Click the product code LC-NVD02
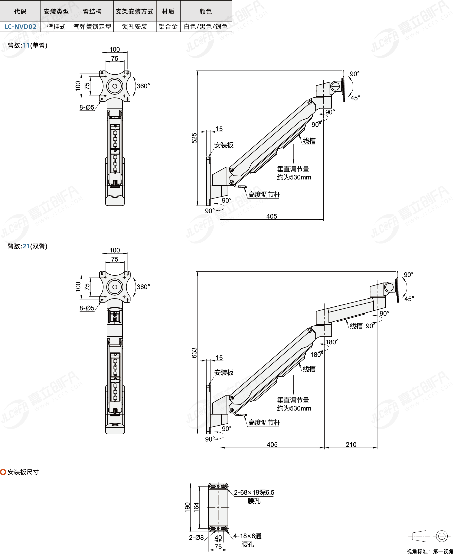[x=20, y=27]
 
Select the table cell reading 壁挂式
[x=56, y=27]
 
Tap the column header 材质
[x=168, y=12]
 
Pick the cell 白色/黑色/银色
[x=206, y=27]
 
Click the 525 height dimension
[x=194, y=138]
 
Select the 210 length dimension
[x=351, y=445]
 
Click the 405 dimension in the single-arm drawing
[x=272, y=216]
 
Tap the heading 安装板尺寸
[x=23, y=472]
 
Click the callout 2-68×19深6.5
[x=254, y=493]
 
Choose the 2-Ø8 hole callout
[x=196, y=538]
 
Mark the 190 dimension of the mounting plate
[x=187, y=507]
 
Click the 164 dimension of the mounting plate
[x=196, y=507]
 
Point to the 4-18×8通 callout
[x=247, y=536]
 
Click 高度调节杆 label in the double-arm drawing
[x=264, y=422]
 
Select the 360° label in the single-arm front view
[x=143, y=86]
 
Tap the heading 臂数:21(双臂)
[x=27, y=246]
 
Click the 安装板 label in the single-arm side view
[x=224, y=145]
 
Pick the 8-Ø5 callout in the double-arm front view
[x=87, y=308]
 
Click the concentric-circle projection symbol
[x=442, y=536]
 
